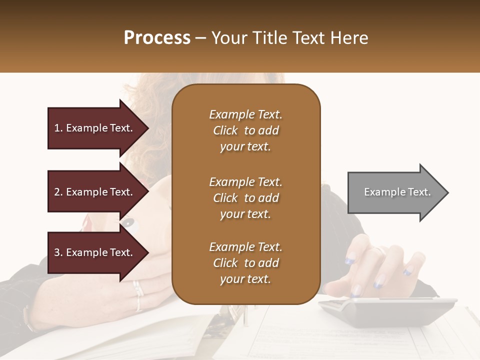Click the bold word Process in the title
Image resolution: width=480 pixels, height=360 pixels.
pos(157,38)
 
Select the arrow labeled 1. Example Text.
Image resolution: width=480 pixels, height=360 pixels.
pos(95,128)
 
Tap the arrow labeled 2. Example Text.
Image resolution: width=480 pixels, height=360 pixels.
pos(95,192)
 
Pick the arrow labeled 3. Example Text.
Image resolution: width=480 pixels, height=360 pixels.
pos(95,252)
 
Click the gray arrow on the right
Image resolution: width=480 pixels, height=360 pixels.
pos(395,192)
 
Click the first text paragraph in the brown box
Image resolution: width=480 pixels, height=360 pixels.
pos(245,130)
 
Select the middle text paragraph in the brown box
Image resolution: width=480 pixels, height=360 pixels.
pos(245,198)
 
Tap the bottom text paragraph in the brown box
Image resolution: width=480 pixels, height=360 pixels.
pos(245,263)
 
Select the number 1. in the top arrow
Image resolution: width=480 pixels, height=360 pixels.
pos(58,128)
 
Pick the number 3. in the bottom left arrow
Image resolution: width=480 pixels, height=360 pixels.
pos(58,252)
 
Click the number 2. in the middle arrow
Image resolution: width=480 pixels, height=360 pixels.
pos(58,192)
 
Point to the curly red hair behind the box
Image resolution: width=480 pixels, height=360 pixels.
pos(150,95)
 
